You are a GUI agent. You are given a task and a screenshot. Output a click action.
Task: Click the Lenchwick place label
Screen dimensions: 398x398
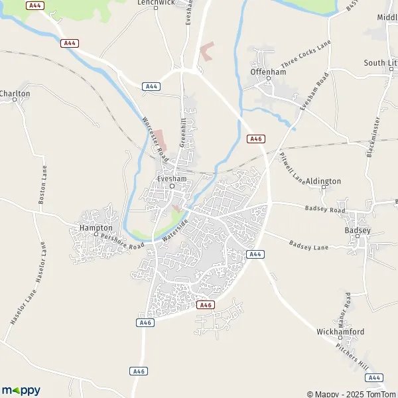coord(155,3)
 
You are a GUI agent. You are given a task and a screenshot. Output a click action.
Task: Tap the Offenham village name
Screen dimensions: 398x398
coord(267,71)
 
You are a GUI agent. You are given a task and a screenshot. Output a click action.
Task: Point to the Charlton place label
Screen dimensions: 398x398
coord(15,94)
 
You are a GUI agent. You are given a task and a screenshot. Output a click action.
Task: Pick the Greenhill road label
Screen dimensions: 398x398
coord(183,133)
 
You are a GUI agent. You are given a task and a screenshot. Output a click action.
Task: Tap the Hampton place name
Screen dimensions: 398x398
coord(95,227)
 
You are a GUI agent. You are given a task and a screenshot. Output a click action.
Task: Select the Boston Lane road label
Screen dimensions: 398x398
coord(42,184)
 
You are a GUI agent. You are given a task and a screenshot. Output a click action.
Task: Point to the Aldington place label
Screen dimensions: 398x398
coord(323,180)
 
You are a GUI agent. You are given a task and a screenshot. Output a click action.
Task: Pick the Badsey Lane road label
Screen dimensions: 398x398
coord(308,245)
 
